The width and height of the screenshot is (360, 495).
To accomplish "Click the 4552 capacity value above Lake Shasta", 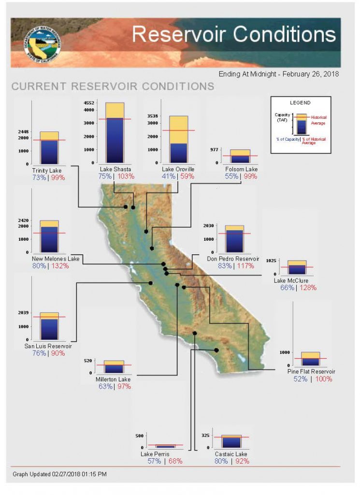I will click(88, 103).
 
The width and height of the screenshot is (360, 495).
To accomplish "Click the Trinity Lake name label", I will click(47, 171).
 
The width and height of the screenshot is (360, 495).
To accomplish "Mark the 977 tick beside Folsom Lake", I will click(214, 150).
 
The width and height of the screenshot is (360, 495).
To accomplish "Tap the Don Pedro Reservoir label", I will click(233, 259).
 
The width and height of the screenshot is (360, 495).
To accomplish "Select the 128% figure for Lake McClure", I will click(307, 288).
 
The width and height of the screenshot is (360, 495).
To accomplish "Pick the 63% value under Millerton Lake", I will click(106, 387).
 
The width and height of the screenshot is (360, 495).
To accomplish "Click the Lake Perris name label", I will click(155, 454).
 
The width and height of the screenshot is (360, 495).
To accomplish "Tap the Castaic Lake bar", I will click(232, 441).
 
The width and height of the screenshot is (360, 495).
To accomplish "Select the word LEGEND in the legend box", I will click(300, 103).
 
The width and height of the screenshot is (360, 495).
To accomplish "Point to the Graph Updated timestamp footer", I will click(59, 474).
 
